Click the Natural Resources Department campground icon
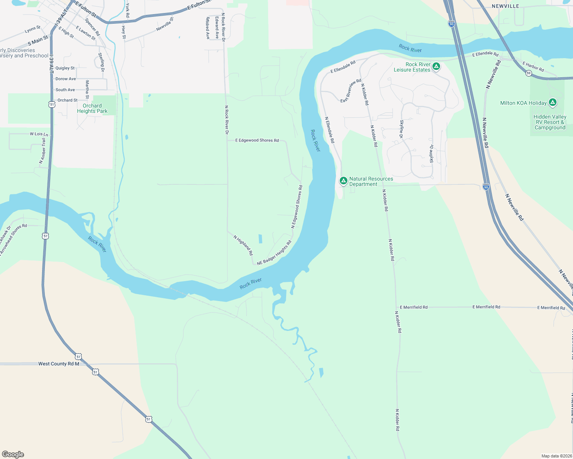pos(344,180)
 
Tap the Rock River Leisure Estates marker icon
pos(436,67)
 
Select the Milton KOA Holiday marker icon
pos(552,102)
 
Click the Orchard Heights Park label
pos(92,109)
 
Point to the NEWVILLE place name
pos(505,6)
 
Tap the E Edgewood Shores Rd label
pos(257,140)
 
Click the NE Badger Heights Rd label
pos(274,252)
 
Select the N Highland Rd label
pos(244,245)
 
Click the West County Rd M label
pos(59,364)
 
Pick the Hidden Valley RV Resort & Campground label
pos(550,122)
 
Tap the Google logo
pos(13,454)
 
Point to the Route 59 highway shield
pos(529,73)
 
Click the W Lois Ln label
pos(39,134)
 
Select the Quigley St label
pos(65,68)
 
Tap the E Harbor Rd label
pos(534,67)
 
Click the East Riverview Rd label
pos(351,91)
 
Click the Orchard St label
pos(67,100)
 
